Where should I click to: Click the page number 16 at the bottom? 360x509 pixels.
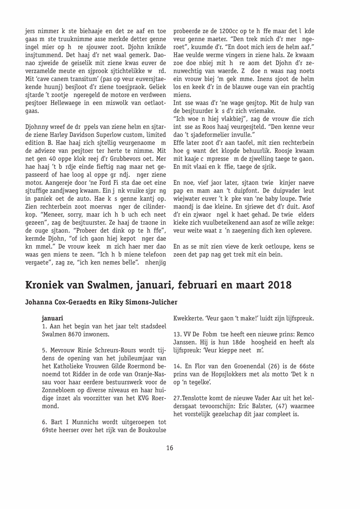coord(170,448)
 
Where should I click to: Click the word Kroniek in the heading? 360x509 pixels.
coord(44,285)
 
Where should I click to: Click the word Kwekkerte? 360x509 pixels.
coord(188,319)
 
